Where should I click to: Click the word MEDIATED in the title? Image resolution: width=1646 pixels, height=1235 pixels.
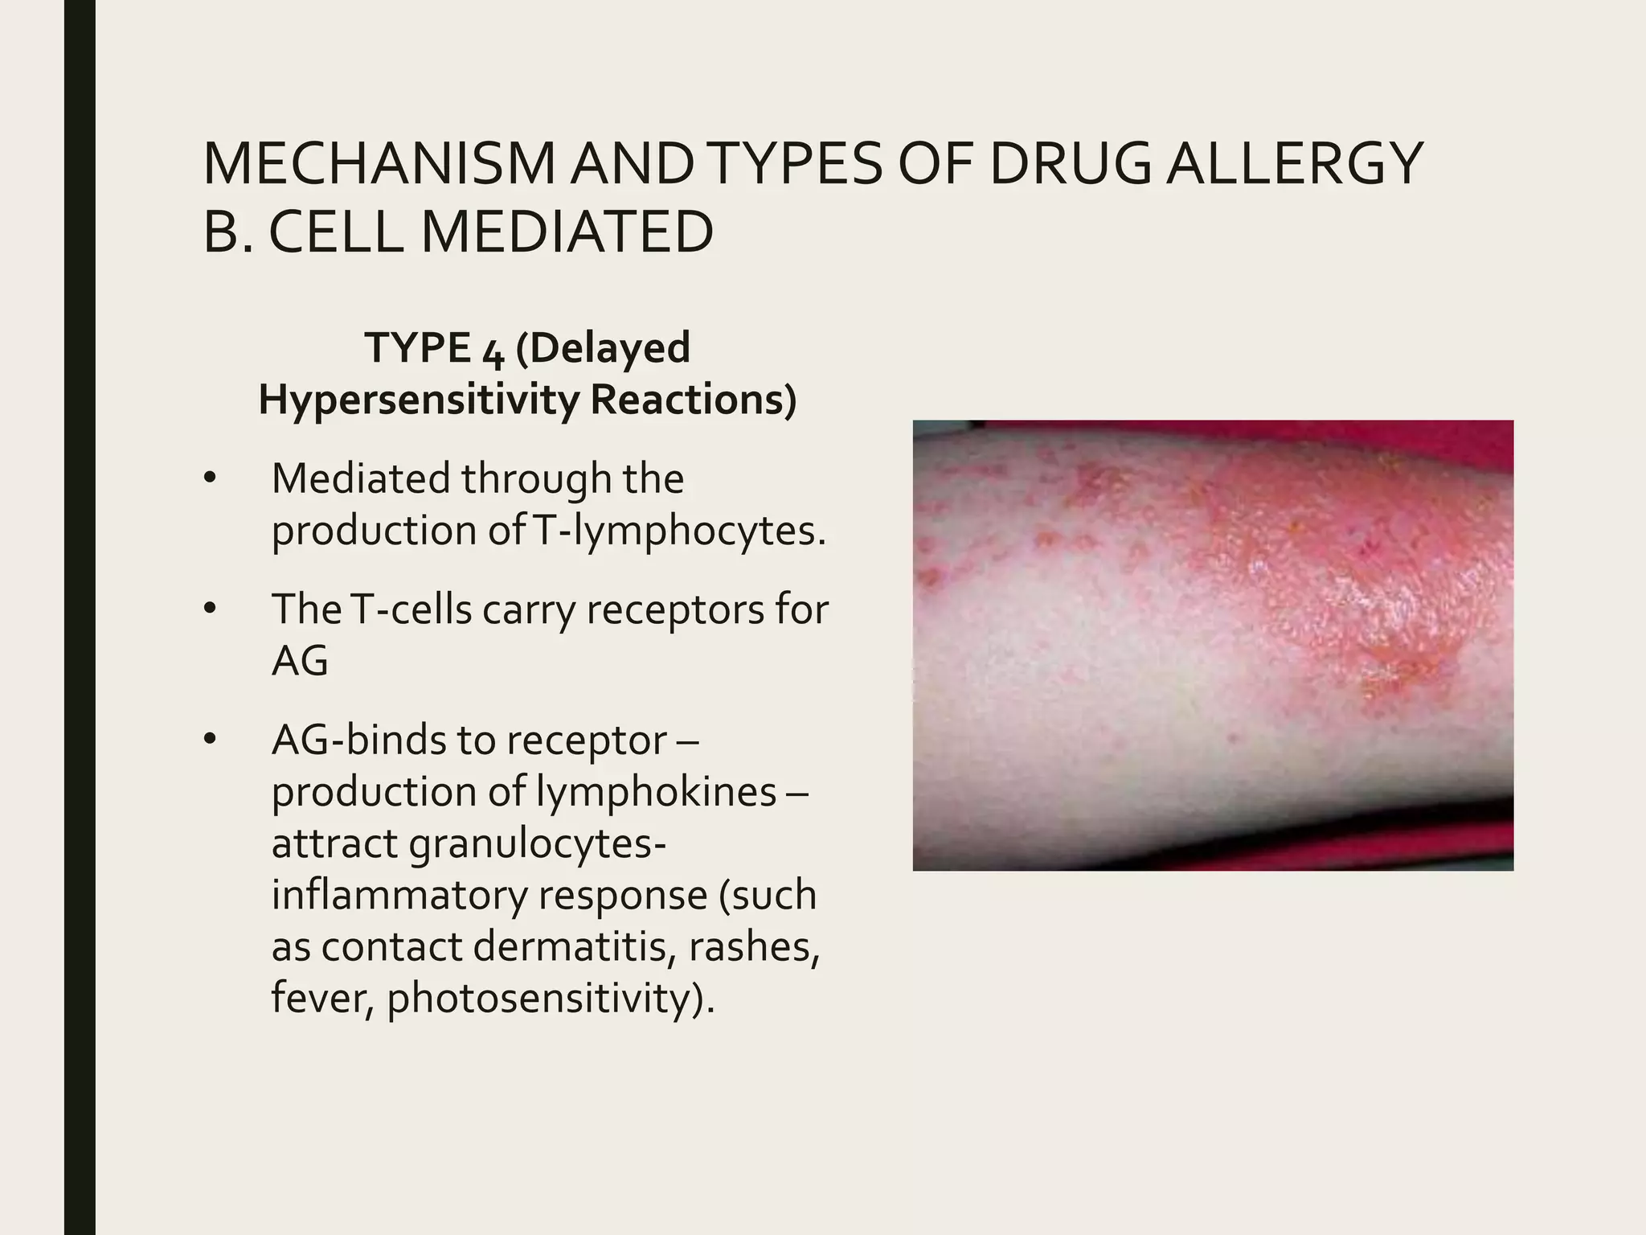(x=567, y=232)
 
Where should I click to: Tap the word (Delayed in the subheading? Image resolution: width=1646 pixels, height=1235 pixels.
(x=603, y=347)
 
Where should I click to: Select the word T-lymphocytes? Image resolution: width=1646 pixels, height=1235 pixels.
(x=679, y=531)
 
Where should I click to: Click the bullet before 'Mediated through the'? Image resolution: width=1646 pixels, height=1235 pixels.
(x=211, y=479)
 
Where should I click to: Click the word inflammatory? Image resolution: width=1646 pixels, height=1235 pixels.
(x=398, y=895)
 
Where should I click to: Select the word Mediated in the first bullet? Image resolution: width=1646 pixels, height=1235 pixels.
(x=360, y=479)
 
